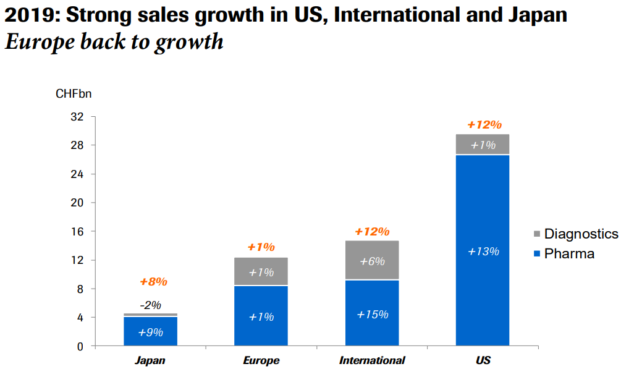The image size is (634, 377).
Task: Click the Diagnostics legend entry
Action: click(x=574, y=234)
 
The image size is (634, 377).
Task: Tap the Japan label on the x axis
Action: click(x=150, y=360)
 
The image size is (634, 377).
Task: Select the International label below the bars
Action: click(x=372, y=360)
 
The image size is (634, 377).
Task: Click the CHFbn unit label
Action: click(x=74, y=95)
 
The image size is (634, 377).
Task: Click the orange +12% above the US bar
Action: click(x=484, y=125)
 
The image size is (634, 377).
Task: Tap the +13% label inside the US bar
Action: click(x=483, y=252)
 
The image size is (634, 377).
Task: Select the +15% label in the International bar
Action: click(x=373, y=315)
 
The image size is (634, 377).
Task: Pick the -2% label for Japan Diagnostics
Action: click(x=150, y=305)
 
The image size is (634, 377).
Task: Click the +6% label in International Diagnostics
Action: click(x=373, y=261)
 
